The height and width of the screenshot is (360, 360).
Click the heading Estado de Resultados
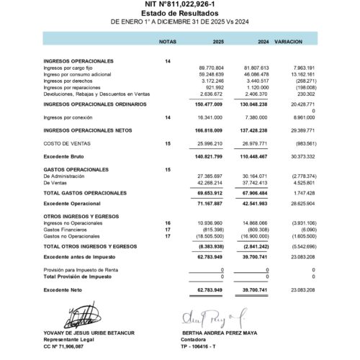coord(180,14)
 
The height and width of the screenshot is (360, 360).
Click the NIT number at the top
coord(180,5)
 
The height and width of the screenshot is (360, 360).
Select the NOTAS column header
coord(167,42)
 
